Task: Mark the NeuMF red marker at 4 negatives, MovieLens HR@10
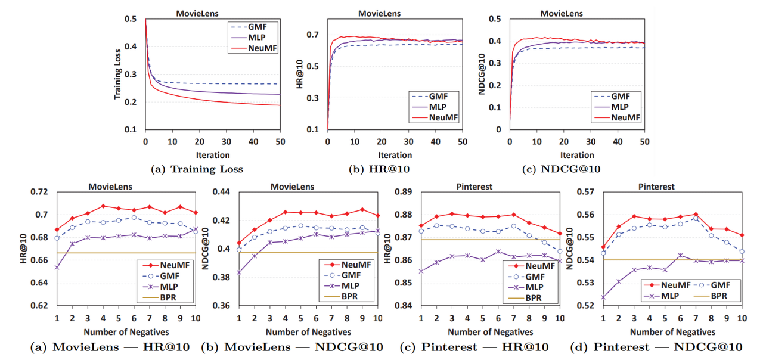103,206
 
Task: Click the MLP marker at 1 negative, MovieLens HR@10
57,268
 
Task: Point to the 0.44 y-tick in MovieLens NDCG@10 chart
222,192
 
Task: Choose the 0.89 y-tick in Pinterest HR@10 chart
404,192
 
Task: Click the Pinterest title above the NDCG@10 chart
657,187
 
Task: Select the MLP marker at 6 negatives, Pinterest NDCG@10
681,255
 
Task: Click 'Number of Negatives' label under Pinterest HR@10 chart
490,332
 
